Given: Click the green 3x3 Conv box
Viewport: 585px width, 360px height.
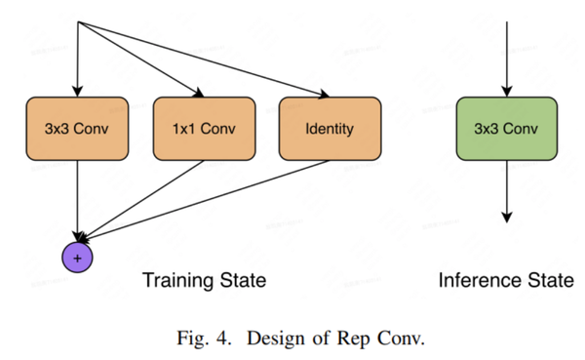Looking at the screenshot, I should coord(505,128).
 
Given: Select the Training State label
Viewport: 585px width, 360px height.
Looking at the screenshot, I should coord(204,281).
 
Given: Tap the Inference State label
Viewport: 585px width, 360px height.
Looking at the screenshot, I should coord(504,281).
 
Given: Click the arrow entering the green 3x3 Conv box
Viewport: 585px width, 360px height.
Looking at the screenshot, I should coord(505,59).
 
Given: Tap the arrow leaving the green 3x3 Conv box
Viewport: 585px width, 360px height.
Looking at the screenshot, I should coord(505,190).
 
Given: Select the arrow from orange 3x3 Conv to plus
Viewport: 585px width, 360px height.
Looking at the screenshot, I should coord(77,200).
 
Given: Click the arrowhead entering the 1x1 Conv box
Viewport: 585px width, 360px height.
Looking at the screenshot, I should coord(200,94).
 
